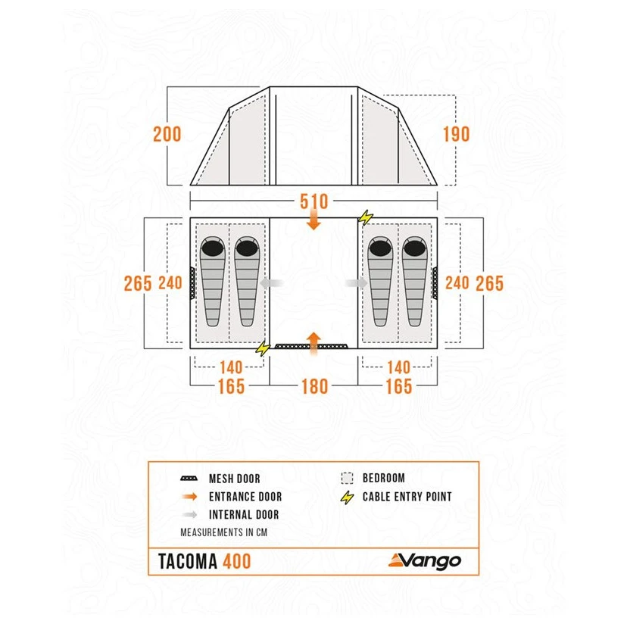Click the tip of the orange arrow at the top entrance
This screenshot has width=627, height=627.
[x=314, y=230]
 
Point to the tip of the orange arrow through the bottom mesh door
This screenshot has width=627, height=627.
[x=314, y=332]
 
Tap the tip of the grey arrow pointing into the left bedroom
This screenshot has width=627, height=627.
[x=260, y=283]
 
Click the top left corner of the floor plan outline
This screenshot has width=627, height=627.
[x=190, y=218]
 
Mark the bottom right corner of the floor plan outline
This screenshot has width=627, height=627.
[x=437, y=348]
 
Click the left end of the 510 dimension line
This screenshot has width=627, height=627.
[x=190, y=201]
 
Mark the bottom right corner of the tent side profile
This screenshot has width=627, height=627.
[x=437, y=185]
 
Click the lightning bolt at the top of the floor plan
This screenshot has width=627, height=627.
[x=366, y=218]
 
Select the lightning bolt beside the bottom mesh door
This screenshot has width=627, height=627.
[x=263, y=348]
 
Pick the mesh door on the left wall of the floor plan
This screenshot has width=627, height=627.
[x=192, y=283]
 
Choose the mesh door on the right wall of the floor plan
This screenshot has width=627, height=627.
[x=435, y=283]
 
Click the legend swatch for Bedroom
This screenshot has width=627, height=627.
[x=347, y=478]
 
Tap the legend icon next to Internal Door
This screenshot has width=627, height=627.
[x=189, y=514]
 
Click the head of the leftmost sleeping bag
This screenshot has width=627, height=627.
[x=213, y=248]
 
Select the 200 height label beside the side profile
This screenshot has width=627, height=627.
[x=167, y=134]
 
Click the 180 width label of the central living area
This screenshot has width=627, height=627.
[x=314, y=387]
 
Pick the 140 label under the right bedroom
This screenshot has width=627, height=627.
[x=398, y=367]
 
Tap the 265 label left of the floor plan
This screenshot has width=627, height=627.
[x=138, y=283]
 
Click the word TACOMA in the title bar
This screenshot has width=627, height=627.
[x=188, y=561]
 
